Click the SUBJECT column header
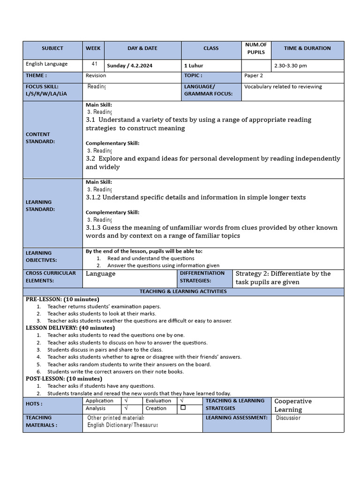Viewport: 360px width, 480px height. pos(52,48)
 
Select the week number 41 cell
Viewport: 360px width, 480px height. pos(94,64)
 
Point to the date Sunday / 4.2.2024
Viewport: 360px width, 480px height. pos(131,66)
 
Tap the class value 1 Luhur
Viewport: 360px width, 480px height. pos(194,66)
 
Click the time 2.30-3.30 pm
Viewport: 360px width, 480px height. pos(291,66)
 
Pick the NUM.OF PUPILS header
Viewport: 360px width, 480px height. pos(255,48)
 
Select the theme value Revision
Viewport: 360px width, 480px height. pos(96,75)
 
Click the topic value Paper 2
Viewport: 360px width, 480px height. pos(254,75)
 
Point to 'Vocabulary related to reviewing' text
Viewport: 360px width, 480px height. pos(283,87)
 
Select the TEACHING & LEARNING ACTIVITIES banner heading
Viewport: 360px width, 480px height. pos(183,292)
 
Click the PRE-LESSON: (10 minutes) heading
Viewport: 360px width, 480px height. pos(62,299)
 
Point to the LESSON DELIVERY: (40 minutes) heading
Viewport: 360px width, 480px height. pos(70,328)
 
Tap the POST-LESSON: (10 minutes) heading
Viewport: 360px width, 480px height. pos(64,379)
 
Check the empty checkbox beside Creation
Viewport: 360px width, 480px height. pos(183,408)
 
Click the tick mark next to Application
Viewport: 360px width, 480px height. pos(127,401)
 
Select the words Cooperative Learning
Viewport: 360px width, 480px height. pos(292,405)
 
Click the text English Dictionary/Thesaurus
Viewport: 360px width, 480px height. pos(122,425)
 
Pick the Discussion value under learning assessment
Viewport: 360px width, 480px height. pos(288,418)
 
